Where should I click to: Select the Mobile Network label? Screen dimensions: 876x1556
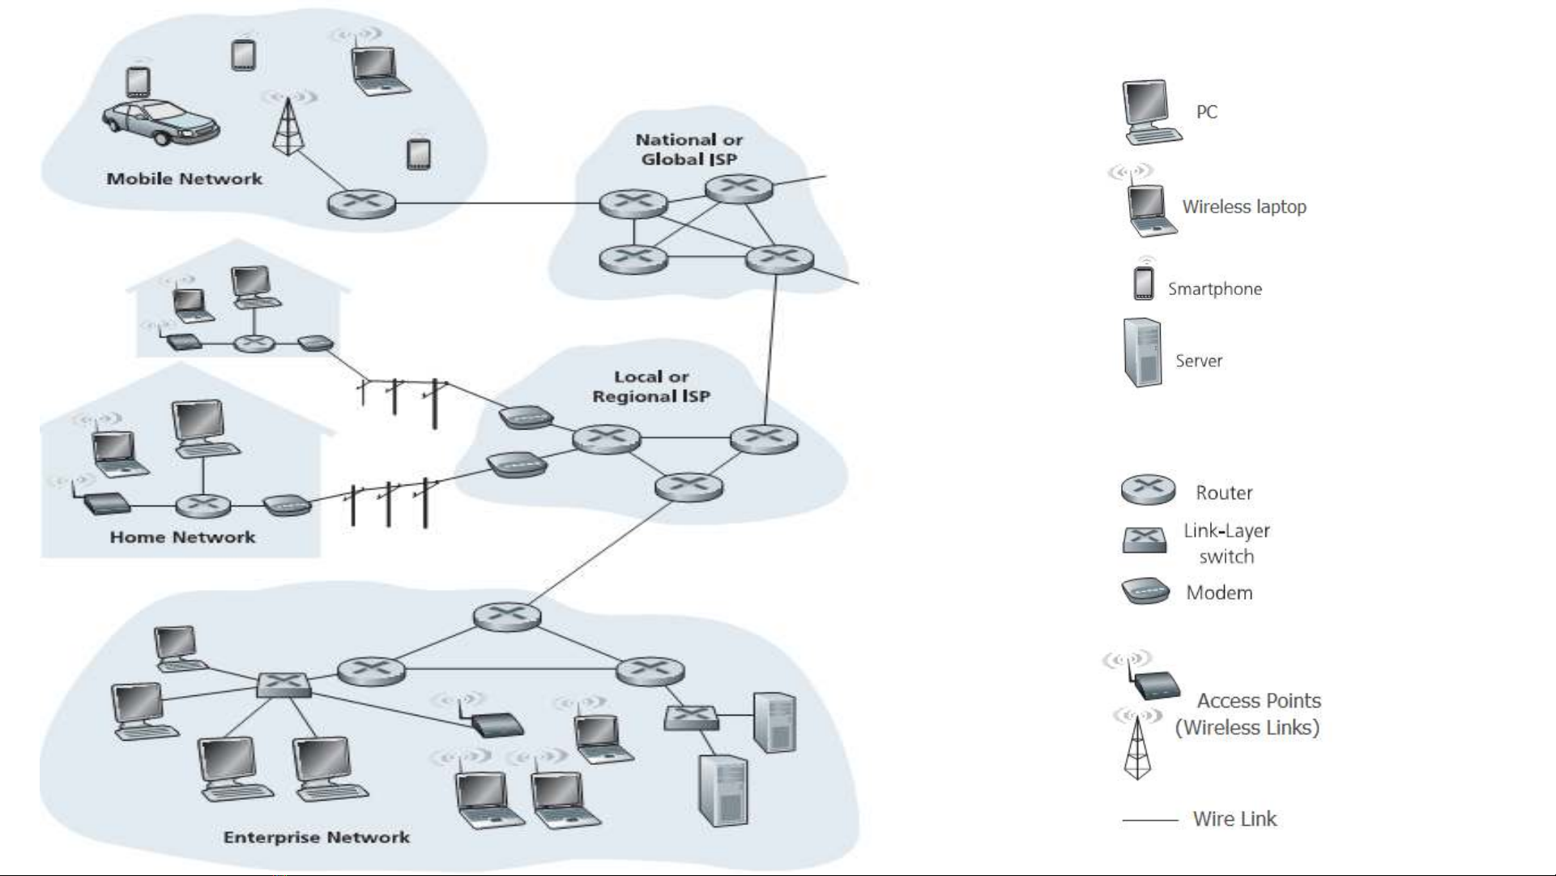(185, 179)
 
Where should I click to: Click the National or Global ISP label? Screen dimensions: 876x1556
(688, 150)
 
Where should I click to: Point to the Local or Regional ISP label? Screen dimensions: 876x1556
(651, 387)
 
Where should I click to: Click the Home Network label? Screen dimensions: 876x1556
(182, 537)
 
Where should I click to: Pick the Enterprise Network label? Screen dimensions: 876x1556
(317, 837)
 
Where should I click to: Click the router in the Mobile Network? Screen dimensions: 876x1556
(361, 203)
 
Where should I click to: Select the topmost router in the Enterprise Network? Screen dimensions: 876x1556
(507, 617)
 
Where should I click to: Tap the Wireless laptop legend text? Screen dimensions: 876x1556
(1244, 207)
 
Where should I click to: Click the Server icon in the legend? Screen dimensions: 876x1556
(1142, 353)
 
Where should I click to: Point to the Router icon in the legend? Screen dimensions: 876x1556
(1148, 489)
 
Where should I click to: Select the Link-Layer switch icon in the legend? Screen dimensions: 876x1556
(1145, 540)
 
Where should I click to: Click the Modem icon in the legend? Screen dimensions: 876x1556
(1145, 592)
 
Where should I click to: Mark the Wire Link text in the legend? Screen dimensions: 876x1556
(1234, 819)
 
